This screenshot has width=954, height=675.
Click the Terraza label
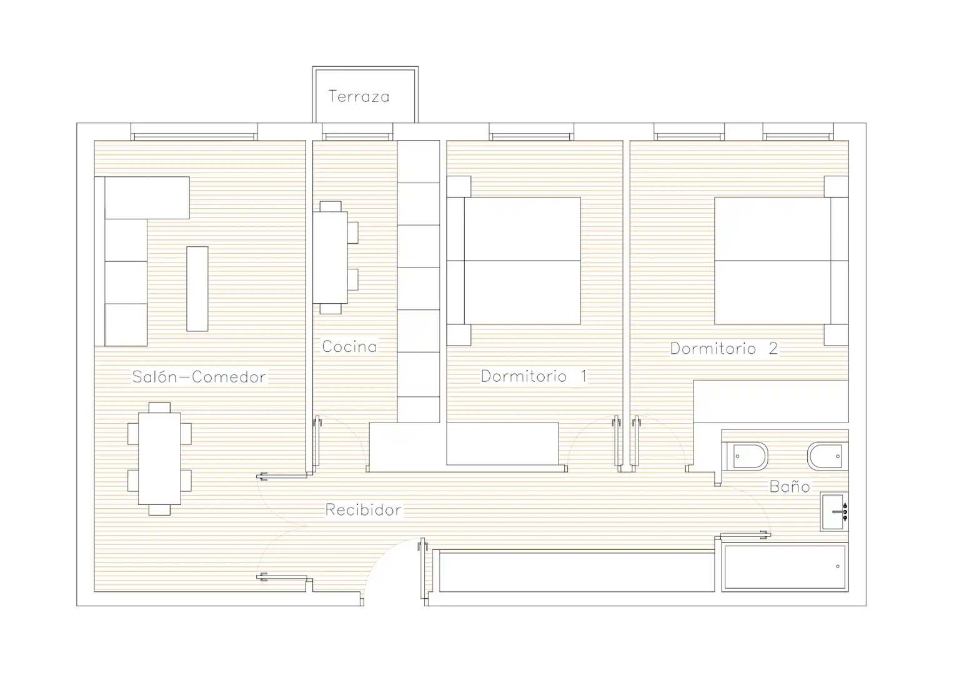coord(359,96)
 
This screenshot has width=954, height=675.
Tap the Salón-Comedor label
coord(199,377)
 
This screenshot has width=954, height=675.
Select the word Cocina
coord(349,346)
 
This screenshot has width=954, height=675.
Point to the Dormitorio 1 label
coord(534,376)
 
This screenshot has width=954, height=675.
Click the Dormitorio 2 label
coord(724,349)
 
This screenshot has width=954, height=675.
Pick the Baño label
coord(790,486)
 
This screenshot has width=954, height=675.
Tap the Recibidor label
coord(363,509)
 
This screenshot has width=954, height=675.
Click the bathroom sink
coord(834,512)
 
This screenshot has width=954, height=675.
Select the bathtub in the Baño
coord(785,567)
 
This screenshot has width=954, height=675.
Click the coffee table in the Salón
coord(197,289)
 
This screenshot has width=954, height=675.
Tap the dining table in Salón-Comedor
coord(159,459)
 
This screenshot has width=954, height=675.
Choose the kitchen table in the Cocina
coord(330,257)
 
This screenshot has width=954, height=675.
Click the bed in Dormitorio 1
coord(514,261)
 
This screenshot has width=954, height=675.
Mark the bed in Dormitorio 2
coord(782,261)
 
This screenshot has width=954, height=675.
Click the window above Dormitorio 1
coord(531,132)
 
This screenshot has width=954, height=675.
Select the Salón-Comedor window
coord(194,132)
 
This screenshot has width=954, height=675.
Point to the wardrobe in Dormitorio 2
coord(771,401)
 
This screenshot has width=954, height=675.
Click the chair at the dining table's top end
coord(159,407)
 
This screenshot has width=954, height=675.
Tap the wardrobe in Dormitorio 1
coord(502,444)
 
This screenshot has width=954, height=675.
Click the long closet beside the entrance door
coord(577,571)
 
